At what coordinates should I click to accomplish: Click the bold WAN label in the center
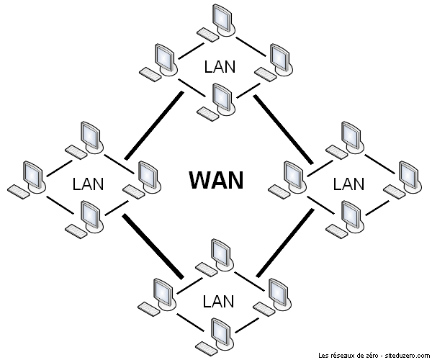(x=216, y=179)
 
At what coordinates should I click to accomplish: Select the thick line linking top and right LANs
(x=282, y=126)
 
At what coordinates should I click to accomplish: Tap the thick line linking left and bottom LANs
(x=153, y=246)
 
